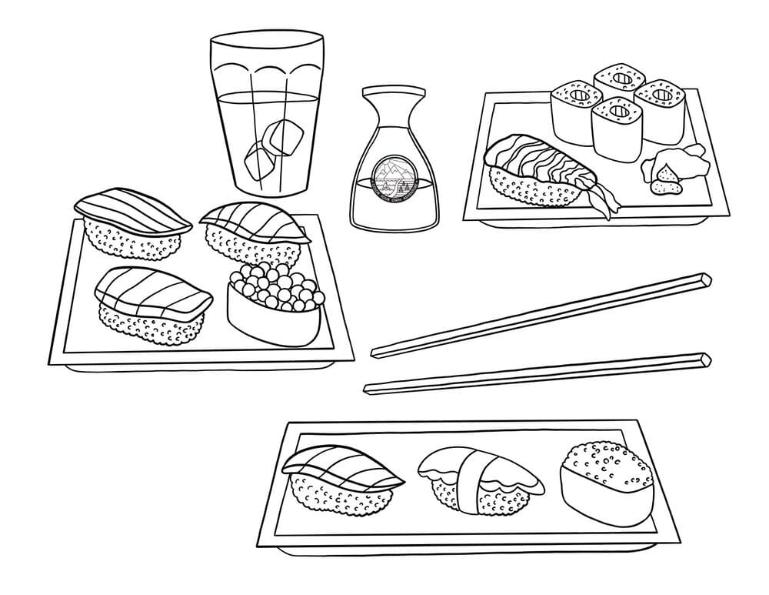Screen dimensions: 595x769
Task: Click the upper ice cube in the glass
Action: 284,136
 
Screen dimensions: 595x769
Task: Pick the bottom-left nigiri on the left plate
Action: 151,304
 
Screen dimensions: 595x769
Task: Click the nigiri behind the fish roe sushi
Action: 254,231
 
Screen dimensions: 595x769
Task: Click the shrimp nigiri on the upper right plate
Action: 538,171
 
